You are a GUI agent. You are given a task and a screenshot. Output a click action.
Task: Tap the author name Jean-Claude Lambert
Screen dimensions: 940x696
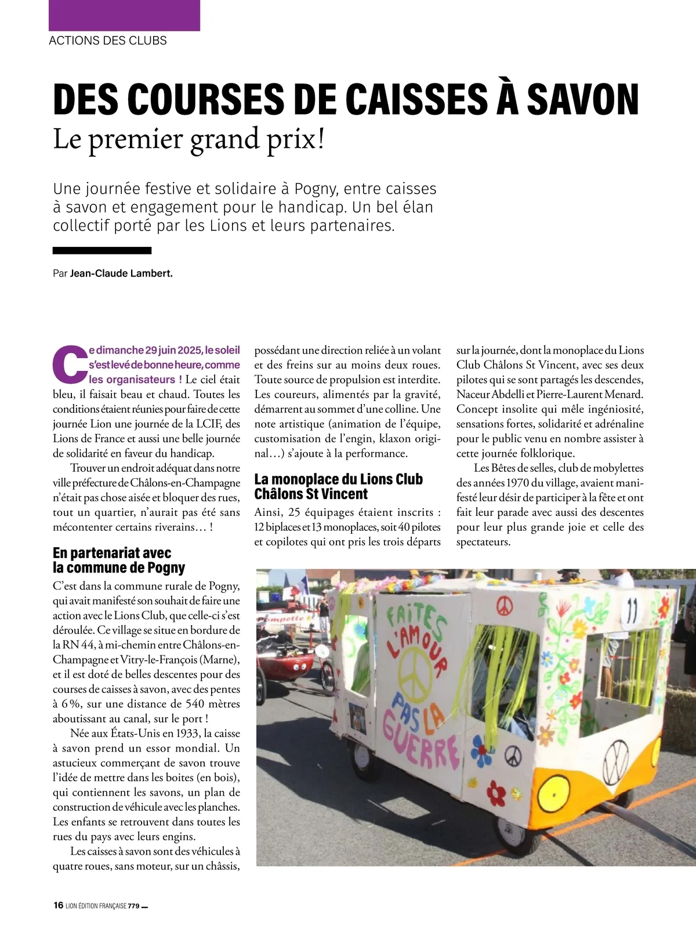[121, 273]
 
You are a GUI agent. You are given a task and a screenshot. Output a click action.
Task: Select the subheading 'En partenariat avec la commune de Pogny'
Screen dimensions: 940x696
[119, 560]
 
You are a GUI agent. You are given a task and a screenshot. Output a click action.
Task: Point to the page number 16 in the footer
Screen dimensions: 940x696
[58, 905]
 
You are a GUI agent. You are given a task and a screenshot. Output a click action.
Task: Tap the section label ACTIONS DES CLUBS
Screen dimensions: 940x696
[108, 41]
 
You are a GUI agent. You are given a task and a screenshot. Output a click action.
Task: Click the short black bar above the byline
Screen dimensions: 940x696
[102, 250]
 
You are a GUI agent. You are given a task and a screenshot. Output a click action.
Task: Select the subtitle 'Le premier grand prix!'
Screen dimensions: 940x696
[188, 139]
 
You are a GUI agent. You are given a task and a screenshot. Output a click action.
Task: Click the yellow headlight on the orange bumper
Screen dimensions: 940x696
[557, 792]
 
